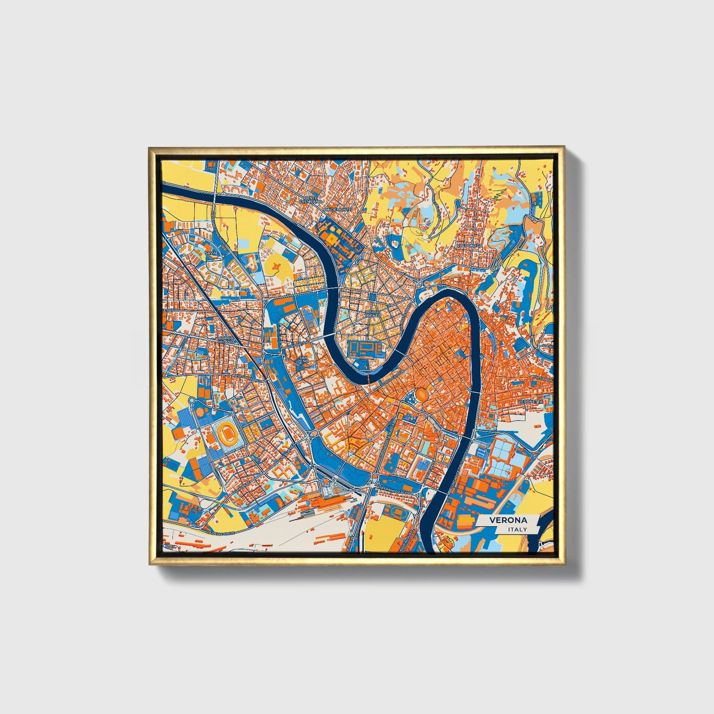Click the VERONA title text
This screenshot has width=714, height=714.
[x=508, y=520]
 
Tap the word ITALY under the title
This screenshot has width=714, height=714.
[x=517, y=529]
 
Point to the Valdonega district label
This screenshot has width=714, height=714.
[x=469, y=245]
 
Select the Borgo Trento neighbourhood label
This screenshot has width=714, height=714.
[x=373, y=313]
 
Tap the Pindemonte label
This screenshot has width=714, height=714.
[x=337, y=210]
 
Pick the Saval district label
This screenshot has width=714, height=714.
[x=211, y=252]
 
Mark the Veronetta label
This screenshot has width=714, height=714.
[x=530, y=402]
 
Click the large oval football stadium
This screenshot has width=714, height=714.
[x=227, y=433]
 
